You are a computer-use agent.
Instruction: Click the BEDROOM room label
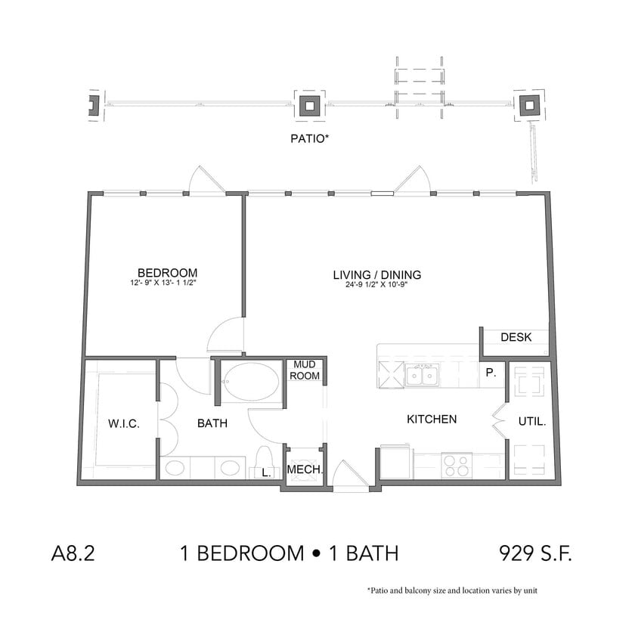(167, 272)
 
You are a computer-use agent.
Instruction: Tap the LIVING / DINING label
(376, 274)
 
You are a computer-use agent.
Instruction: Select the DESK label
(516, 338)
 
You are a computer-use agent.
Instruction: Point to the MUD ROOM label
(306, 370)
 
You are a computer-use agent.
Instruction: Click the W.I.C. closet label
(124, 423)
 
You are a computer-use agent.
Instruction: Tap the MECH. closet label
(305, 471)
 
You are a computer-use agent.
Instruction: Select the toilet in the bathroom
(265, 460)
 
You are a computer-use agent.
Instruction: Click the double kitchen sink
(423, 374)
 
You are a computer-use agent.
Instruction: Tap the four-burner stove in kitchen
(457, 464)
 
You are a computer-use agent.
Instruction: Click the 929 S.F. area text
(535, 553)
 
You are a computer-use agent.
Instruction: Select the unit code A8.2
(73, 553)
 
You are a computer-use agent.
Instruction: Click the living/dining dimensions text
(376, 286)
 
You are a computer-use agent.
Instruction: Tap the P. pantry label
(491, 373)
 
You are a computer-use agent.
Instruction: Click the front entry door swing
(348, 476)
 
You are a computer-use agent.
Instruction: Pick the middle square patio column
(310, 105)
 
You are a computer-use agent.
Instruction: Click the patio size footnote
(452, 590)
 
